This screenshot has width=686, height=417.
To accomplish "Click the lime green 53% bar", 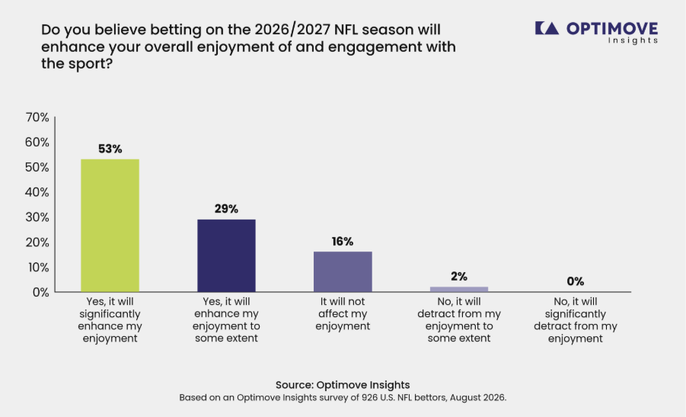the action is [x=110, y=225].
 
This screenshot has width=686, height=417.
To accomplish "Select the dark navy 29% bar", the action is [x=226, y=255].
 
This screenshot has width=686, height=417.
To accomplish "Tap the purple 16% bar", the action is [x=343, y=271].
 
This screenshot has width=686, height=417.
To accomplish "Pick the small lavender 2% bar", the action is [x=459, y=289].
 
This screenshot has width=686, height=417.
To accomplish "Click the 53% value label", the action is [x=110, y=149].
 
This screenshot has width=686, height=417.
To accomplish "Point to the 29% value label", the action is [x=226, y=209].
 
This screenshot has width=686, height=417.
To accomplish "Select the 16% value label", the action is [x=343, y=242].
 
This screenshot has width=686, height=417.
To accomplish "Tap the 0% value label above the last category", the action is [x=576, y=281].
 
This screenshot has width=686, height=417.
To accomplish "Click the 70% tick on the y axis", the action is [x=37, y=117].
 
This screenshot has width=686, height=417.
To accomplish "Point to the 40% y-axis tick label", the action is [x=37, y=192].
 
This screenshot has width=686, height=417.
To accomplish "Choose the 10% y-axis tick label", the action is [x=38, y=267].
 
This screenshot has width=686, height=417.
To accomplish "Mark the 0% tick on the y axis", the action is [x=40, y=292].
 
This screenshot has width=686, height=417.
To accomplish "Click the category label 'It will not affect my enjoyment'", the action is [x=343, y=313].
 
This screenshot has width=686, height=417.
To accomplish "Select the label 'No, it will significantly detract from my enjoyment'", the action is [x=576, y=319].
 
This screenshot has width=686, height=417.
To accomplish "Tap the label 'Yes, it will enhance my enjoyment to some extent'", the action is [x=226, y=319].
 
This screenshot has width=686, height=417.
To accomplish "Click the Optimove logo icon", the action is [x=547, y=28].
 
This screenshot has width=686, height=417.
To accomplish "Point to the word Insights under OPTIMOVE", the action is [x=633, y=40].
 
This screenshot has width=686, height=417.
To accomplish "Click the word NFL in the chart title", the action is [x=346, y=30].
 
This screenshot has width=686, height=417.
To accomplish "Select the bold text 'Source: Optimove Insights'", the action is [x=343, y=384].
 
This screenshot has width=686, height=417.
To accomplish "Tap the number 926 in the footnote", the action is [x=369, y=398].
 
